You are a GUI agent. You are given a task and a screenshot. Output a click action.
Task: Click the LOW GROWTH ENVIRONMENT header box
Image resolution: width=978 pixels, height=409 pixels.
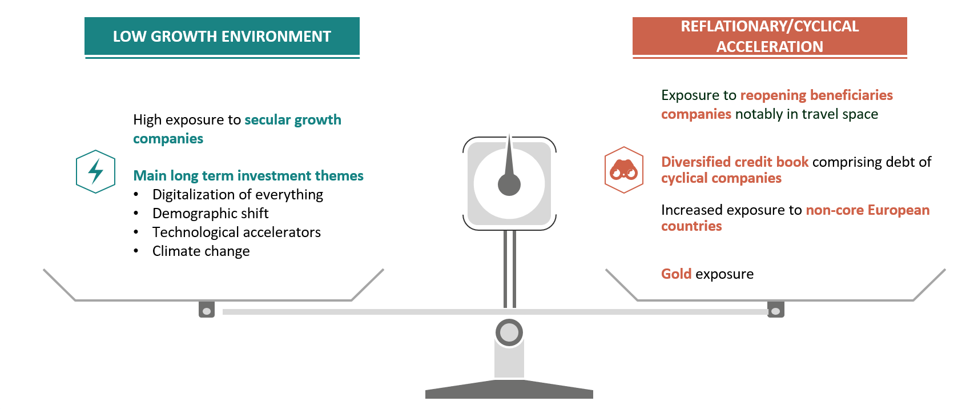pos(222,36)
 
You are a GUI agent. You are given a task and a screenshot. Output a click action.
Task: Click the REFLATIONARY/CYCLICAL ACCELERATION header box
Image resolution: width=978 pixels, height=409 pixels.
pos(770,36)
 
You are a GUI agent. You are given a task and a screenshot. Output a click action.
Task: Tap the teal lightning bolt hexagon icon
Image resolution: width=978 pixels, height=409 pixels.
pos(95,171)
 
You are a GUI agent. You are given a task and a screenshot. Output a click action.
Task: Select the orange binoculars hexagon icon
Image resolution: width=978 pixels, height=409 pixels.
pos(624,170)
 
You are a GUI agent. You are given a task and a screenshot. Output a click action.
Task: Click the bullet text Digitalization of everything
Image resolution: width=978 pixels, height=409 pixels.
pos(238,194)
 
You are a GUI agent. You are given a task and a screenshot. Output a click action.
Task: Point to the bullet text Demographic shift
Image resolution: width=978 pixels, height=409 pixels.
pos(210,213)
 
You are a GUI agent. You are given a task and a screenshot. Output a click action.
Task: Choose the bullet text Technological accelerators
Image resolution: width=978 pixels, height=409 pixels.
pos(236,232)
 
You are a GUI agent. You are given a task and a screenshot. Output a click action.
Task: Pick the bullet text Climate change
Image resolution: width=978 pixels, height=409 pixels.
pos(201,251)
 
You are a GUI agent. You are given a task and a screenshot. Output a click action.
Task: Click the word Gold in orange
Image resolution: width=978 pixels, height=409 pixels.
pos(677,274)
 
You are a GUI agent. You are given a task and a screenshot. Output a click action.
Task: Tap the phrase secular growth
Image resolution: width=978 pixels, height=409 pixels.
pos(293,120)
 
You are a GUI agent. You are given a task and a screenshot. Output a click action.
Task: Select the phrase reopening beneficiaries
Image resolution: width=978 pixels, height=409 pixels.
pos(816,95)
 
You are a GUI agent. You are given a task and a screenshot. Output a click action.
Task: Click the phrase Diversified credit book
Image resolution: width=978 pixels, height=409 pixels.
pos(735,162)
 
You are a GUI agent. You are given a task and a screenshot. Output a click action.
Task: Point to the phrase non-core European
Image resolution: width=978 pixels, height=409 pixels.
pos(868,210)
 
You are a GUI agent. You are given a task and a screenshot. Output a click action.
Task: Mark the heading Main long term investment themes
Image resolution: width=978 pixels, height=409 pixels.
pos(248,176)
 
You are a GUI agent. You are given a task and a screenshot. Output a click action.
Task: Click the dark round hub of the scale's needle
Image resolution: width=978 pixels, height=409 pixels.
pos(509,185)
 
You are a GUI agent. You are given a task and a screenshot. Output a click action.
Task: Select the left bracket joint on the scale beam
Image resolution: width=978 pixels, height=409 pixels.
pos(207,310)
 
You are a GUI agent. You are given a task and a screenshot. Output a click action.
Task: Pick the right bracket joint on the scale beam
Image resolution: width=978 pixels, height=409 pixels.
pos(776,310)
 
